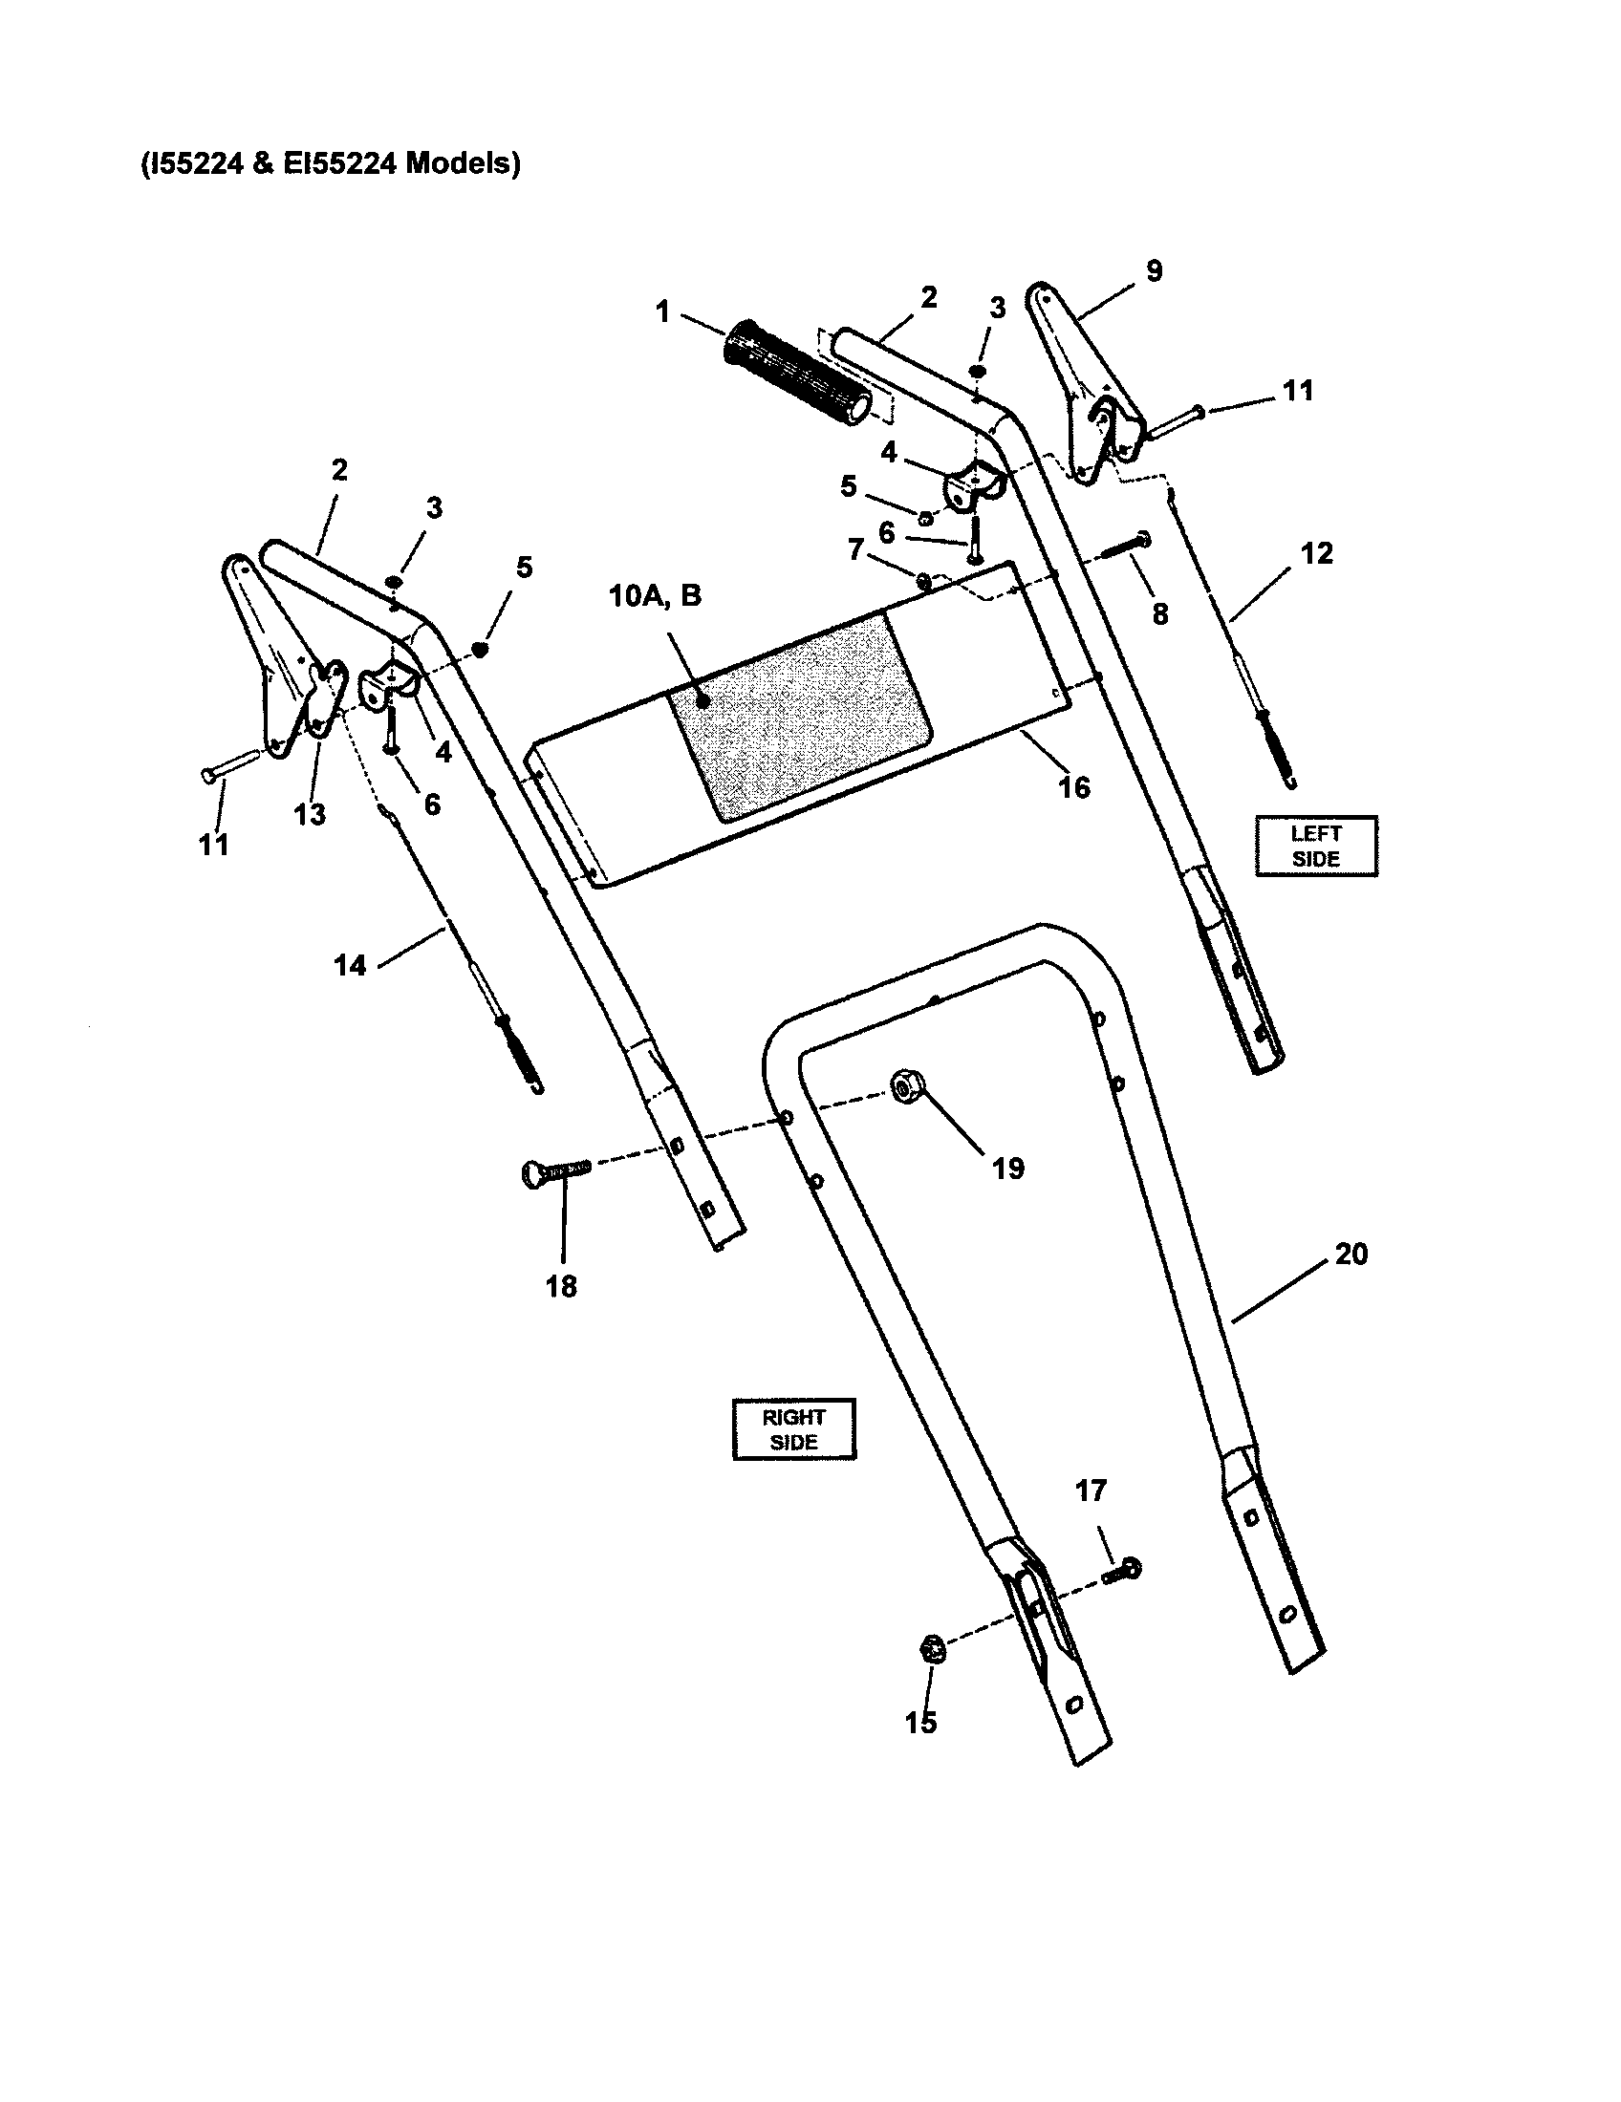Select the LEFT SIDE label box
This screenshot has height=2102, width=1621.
tap(1315, 846)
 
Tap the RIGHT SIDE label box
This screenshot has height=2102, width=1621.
tap(793, 1429)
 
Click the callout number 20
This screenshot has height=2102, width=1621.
tap(1351, 1255)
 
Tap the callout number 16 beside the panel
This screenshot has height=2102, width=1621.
tap(1074, 787)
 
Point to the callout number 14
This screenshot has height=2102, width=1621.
tap(351, 964)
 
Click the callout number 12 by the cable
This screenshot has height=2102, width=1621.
tap(1316, 553)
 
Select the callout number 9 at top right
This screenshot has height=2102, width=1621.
tap(1155, 271)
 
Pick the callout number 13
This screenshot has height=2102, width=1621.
tap(309, 814)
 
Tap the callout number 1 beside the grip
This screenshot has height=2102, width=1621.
tap(662, 311)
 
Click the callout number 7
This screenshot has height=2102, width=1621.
tap(855, 549)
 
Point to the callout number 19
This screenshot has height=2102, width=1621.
tap(1007, 1169)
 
